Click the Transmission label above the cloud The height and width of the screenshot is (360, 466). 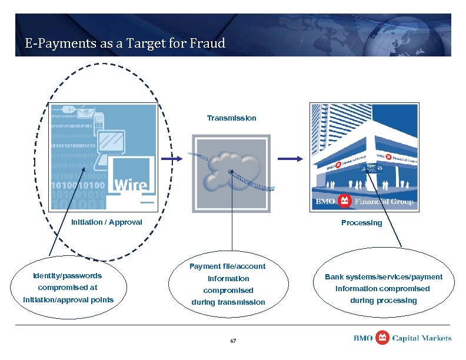click(x=231, y=118)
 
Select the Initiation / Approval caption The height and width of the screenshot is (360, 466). click(x=106, y=222)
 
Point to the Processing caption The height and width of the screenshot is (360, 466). click(x=361, y=223)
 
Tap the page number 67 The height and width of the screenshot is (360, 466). click(x=233, y=341)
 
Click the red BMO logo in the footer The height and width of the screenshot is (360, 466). click(x=382, y=338)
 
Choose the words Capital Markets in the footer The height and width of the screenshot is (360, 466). click(x=422, y=338)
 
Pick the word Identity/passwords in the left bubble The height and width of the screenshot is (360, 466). click(x=68, y=276)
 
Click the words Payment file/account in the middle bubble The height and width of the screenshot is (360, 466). click(x=227, y=266)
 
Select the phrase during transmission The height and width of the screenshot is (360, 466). click(x=227, y=302)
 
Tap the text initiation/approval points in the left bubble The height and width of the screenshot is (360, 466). click(x=68, y=300)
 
